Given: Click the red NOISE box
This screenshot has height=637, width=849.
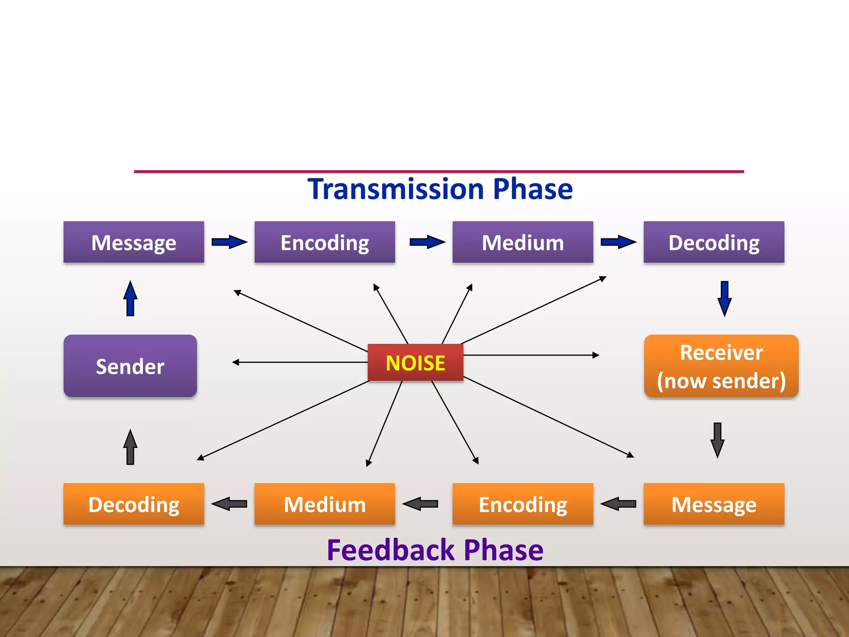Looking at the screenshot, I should tap(415, 362).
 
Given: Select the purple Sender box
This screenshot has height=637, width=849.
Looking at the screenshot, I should tap(130, 366).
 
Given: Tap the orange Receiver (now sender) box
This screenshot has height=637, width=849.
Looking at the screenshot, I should tap(721, 366).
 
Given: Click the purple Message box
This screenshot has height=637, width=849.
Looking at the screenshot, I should tap(133, 243).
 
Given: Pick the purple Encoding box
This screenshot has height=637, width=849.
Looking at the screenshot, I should tap(325, 243).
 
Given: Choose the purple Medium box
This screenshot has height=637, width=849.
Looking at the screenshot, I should tap(523, 243).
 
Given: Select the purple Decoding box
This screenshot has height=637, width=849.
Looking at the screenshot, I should tap(714, 243).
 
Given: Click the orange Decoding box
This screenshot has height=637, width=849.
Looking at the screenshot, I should tap(133, 504).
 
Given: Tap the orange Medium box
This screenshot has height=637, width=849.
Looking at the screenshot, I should tap(325, 504).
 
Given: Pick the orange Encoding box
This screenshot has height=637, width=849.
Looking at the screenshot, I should tap(523, 504).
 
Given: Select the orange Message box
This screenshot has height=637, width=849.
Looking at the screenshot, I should tap(714, 504).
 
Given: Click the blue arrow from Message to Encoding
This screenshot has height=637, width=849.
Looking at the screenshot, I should tap(229, 242).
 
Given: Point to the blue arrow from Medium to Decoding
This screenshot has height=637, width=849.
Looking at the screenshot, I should tap(618, 242).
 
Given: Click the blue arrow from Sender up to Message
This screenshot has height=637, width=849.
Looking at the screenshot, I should tap(130, 299).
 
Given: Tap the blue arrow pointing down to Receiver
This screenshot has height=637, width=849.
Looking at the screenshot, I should tap(724, 299).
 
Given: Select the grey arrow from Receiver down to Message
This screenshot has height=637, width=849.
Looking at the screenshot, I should tap(718, 440).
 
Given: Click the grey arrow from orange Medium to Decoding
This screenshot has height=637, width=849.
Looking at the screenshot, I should tap(229, 504).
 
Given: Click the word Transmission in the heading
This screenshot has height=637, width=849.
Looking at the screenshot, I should tap(395, 190).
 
